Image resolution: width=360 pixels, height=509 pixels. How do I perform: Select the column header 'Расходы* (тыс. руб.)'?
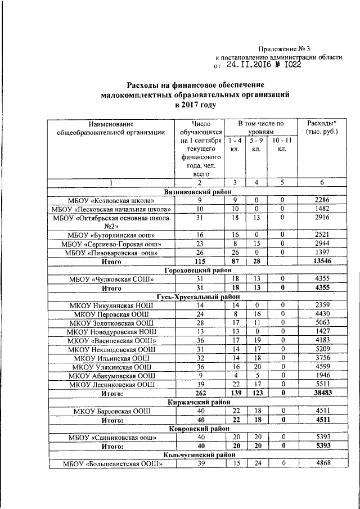click(321, 128)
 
